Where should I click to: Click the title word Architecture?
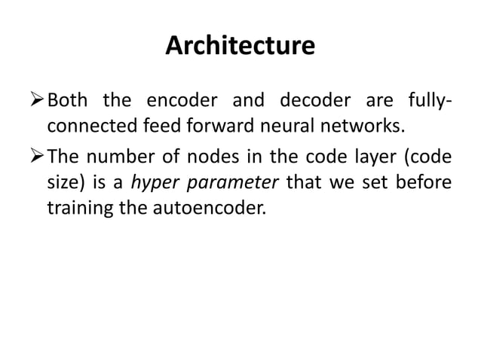(x=240, y=47)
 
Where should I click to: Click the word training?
(x=78, y=207)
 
